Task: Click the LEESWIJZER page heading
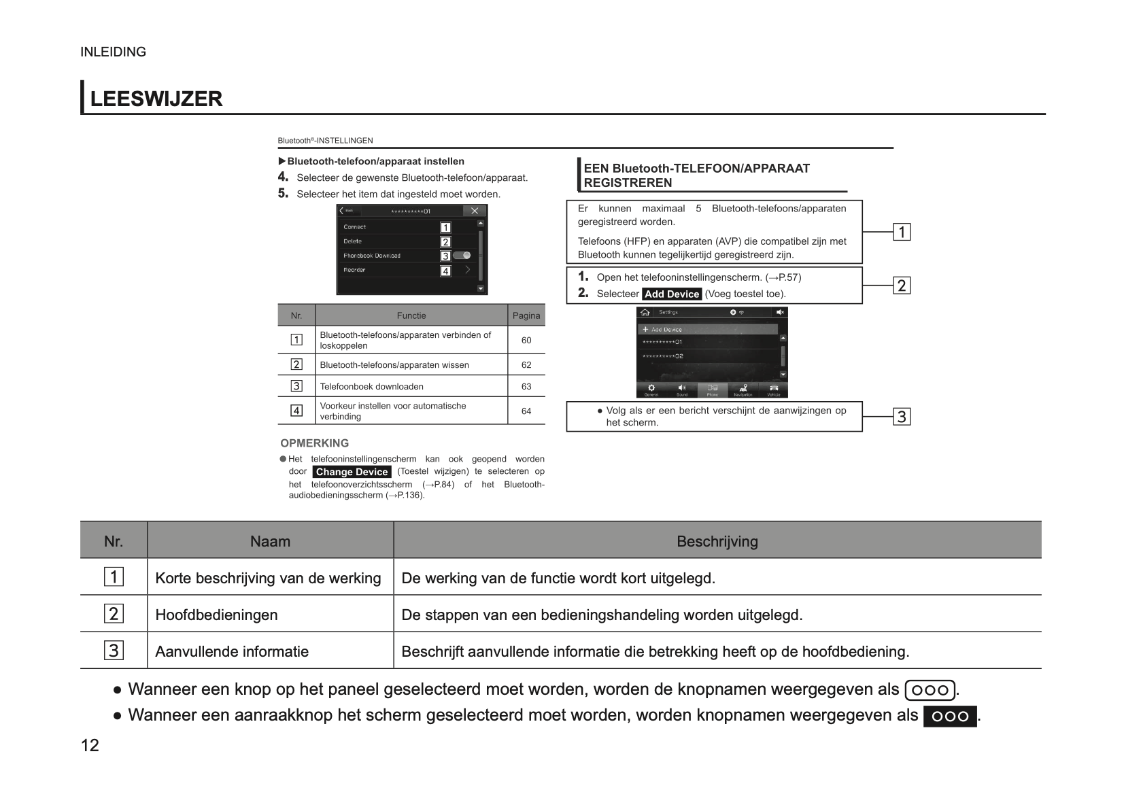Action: click(x=156, y=99)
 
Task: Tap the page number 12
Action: click(x=90, y=746)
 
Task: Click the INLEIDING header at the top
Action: click(x=113, y=52)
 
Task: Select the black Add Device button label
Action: click(x=672, y=294)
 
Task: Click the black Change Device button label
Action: click(x=352, y=472)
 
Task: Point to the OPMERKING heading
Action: click(x=314, y=443)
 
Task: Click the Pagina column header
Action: click(x=526, y=315)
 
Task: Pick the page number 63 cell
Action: click(x=526, y=387)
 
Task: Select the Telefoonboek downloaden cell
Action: click(x=371, y=387)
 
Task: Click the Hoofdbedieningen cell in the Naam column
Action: click(x=216, y=615)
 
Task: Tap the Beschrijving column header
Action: click(x=717, y=542)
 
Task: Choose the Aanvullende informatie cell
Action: click(x=232, y=652)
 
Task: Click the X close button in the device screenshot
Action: click(x=475, y=211)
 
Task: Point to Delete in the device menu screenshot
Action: click(x=353, y=241)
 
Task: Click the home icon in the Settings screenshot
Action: click(x=645, y=312)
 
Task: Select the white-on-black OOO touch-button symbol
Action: click(x=949, y=717)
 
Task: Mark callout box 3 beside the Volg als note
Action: click(x=902, y=417)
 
